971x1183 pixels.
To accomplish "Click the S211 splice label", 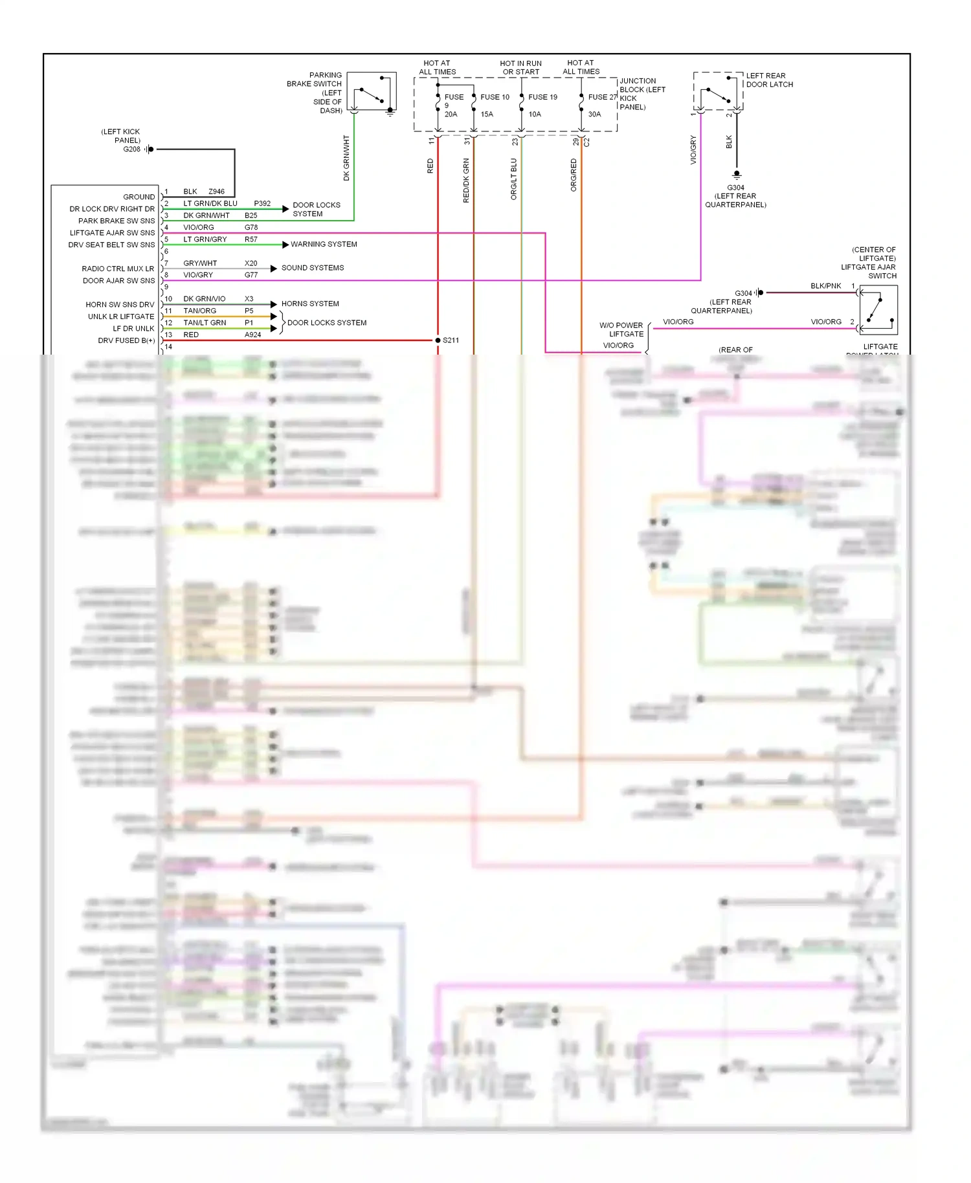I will click(x=451, y=340).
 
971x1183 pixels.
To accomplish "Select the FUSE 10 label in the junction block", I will click(x=495, y=97).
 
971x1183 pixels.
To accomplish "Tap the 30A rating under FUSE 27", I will click(x=594, y=115).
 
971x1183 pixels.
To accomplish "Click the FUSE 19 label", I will click(x=542, y=97).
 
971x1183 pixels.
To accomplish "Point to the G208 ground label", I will click(x=131, y=149).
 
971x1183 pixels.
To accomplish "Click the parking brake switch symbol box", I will click(x=372, y=91).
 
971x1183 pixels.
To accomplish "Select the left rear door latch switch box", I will click(x=718, y=91).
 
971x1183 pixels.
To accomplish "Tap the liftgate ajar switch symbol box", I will click(x=878, y=310).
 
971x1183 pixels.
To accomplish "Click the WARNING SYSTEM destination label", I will click(x=324, y=245).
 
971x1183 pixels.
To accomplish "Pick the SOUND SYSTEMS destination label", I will click(x=313, y=268).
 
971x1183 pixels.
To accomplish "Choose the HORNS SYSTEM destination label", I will click(x=310, y=304).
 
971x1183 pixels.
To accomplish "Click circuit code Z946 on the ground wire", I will click(x=216, y=192).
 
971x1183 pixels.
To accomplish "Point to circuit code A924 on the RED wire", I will click(x=252, y=335).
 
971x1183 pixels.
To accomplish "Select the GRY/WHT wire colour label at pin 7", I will click(x=200, y=263).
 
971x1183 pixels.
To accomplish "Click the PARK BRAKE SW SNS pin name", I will click(x=117, y=221).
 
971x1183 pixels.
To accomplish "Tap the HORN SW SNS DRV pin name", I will click(x=120, y=305).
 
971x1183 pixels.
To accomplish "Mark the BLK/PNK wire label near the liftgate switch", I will click(x=825, y=286).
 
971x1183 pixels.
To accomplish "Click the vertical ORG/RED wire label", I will click(x=574, y=175).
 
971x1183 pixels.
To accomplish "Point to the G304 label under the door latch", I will click(x=735, y=188).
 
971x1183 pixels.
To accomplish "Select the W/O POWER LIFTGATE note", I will click(x=621, y=330).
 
